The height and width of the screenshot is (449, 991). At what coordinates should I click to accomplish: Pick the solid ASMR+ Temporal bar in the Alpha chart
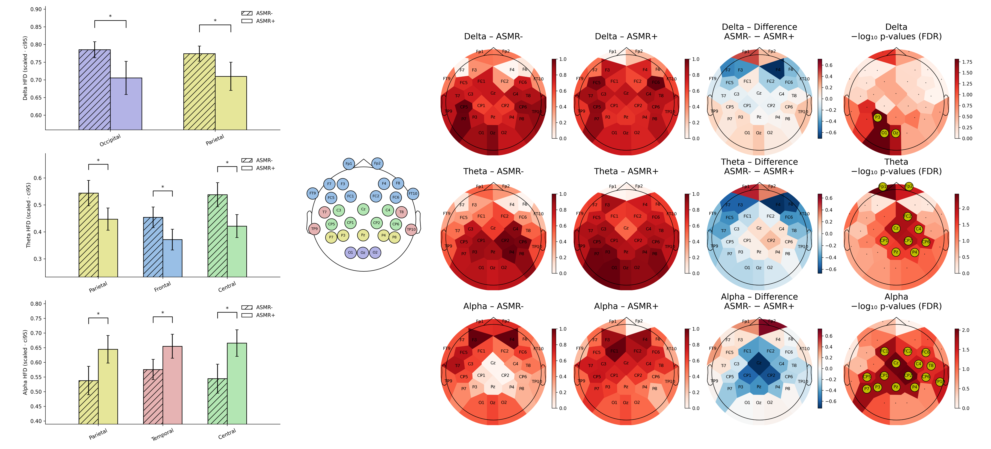click(x=172, y=385)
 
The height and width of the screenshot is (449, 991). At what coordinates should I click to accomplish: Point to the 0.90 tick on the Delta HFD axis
click(x=36, y=9)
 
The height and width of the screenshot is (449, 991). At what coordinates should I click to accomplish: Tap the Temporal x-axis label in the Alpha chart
click(x=162, y=434)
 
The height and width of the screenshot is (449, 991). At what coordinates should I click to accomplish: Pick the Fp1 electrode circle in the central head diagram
click(x=349, y=164)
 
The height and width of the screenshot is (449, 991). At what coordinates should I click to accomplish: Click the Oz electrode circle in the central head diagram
click(x=363, y=253)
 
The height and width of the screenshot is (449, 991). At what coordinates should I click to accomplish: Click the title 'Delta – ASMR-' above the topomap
click(x=493, y=36)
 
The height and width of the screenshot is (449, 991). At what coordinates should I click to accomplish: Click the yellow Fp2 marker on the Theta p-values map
click(x=909, y=186)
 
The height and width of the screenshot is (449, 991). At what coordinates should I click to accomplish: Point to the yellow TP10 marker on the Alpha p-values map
click(x=940, y=382)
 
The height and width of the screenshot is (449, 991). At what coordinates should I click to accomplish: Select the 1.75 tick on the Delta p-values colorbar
click(x=967, y=62)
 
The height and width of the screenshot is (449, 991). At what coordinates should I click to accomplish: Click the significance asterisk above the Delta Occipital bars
click(x=110, y=16)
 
